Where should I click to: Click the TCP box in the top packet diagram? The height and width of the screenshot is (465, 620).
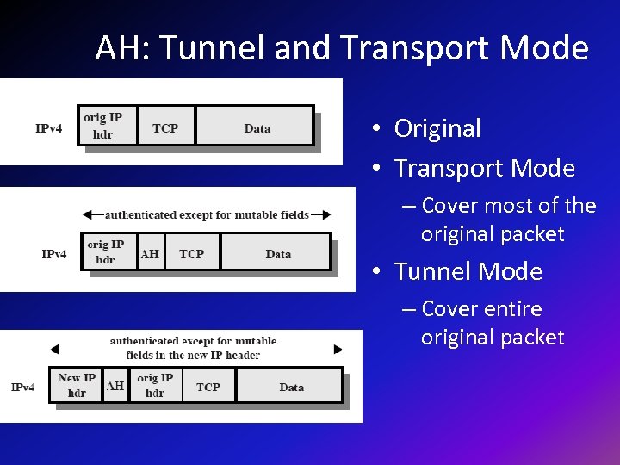(165, 128)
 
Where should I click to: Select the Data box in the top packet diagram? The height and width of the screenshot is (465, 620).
(256, 128)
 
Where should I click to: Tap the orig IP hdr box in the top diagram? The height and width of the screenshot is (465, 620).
(102, 126)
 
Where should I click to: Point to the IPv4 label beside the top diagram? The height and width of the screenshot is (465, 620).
(48, 128)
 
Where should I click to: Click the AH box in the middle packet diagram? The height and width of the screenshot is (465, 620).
(150, 254)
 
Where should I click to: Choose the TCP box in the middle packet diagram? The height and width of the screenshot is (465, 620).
(191, 254)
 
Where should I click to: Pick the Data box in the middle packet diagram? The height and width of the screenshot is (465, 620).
(277, 254)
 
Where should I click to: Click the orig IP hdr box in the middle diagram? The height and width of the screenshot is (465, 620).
(106, 251)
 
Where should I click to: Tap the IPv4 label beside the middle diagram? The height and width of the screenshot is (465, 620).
(54, 254)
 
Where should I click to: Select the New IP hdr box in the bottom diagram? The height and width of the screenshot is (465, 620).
(77, 385)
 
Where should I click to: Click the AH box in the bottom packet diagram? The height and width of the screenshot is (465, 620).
(115, 386)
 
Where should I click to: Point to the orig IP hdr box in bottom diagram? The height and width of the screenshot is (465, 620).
(155, 385)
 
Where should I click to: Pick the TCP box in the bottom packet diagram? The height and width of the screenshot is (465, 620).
(208, 387)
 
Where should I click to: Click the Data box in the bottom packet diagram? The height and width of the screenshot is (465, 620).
(291, 387)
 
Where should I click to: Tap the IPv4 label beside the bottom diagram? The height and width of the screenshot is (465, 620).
(23, 387)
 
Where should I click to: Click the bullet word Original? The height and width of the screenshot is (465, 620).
(437, 128)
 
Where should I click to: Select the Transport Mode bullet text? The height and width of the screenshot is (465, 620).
(484, 168)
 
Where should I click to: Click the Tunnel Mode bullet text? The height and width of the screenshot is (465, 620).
(468, 271)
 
